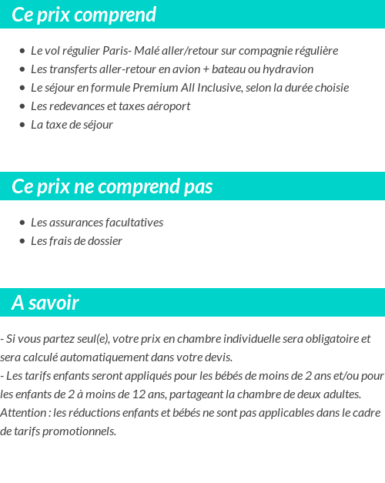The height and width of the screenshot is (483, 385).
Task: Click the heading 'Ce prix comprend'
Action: pyautogui.click(x=84, y=15)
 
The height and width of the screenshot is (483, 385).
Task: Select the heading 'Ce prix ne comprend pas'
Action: pyautogui.click(x=112, y=187)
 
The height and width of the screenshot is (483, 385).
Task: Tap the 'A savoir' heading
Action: pyautogui.click(x=45, y=303)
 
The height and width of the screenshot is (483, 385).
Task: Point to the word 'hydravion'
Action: pyautogui.click(x=289, y=69)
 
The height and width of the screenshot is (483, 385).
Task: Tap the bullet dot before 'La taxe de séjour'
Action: pyautogui.click(x=22, y=125)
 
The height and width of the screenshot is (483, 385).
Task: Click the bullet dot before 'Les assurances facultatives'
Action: pyautogui.click(x=22, y=223)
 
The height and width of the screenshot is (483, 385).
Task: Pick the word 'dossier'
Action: pyautogui.click(x=104, y=241)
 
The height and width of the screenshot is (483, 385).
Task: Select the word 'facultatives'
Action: pyautogui.click(x=134, y=223)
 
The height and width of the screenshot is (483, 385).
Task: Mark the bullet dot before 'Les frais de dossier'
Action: pyautogui.click(x=22, y=241)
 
